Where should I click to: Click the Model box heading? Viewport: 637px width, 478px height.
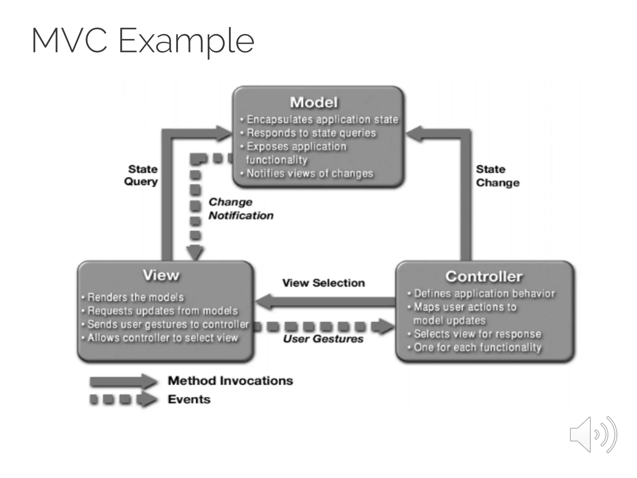pyautogui.click(x=314, y=102)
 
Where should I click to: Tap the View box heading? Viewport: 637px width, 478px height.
pyautogui.click(x=161, y=275)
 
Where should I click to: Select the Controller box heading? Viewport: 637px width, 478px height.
pyautogui.click(x=484, y=276)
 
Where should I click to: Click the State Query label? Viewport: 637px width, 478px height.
pyautogui.click(x=142, y=175)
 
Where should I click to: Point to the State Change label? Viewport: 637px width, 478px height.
pyautogui.click(x=497, y=176)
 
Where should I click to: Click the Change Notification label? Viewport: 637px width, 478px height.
pyautogui.click(x=240, y=209)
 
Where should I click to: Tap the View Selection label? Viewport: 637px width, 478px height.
pyautogui.click(x=323, y=283)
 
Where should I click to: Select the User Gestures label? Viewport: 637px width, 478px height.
pyautogui.click(x=323, y=339)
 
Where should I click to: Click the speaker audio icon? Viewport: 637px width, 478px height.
pyautogui.click(x=593, y=434)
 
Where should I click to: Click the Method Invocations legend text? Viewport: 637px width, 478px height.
pyautogui.click(x=230, y=381)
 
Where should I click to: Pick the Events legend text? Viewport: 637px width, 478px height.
pyautogui.click(x=189, y=399)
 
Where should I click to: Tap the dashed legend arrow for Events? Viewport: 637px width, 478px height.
pyautogui.click(x=123, y=400)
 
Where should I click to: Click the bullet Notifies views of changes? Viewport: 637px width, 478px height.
pyautogui.click(x=309, y=173)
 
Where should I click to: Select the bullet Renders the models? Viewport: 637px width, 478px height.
pyautogui.click(x=136, y=297)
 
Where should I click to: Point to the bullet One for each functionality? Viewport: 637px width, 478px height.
pyautogui.click(x=477, y=347)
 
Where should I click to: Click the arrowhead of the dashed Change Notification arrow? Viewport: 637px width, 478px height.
pyautogui.click(x=195, y=252)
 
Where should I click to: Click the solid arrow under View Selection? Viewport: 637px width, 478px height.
pyautogui.click(x=325, y=302)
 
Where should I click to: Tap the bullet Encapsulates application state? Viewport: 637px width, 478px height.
pyautogui.click(x=322, y=119)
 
